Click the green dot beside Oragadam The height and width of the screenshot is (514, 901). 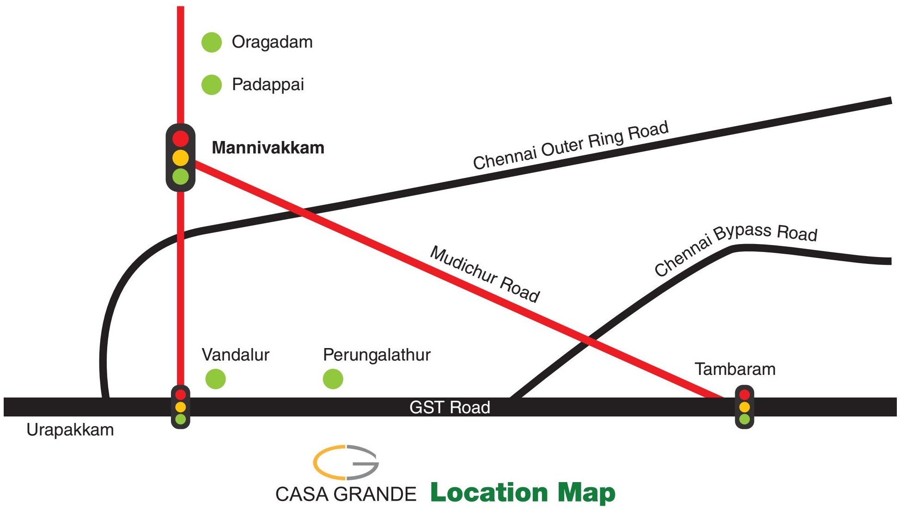pos(212,43)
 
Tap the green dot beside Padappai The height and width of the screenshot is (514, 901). pos(212,85)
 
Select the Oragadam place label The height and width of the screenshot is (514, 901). pos(272,42)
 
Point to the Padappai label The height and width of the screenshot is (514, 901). pos(268,85)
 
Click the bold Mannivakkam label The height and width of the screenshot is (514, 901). pos(268,148)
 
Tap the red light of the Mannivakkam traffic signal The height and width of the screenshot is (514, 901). pos(181,138)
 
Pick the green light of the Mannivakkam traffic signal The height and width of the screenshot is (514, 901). pos(181,176)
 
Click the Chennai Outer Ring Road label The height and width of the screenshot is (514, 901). pos(571,145)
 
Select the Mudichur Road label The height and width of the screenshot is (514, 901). pos(485,274)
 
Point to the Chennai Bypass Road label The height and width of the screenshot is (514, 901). pos(736,247)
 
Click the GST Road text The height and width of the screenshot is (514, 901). pos(450,407)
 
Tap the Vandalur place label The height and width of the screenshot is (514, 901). pos(236,355)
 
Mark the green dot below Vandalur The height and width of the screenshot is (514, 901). pos(216,379)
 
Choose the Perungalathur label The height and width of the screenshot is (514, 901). pos(377,355)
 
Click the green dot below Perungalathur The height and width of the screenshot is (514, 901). pos(333,379)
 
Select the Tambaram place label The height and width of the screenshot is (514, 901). pos(735,369)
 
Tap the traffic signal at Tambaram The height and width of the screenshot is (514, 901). pos(744,407)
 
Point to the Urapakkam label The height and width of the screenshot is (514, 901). pos(70,430)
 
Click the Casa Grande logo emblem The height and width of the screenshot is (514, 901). pos(346,462)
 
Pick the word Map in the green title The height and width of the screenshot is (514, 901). pos(586,493)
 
